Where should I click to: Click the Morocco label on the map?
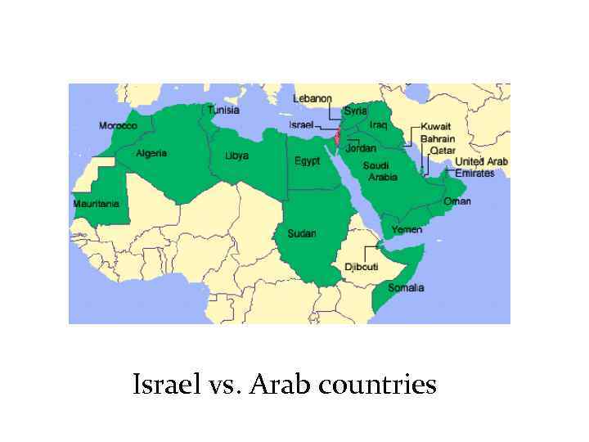[x=118, y=126]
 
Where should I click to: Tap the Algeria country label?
[x=151, y=153]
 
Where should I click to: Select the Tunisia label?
[x=223, y=110]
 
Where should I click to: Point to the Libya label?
[x=236, y=156]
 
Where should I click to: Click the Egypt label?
[x=307, y=160]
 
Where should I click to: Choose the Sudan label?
[x=302, y=234]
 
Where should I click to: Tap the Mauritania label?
[x=96, y=204]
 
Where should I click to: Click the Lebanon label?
[x=312, y=98]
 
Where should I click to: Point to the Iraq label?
[x=378, y=124]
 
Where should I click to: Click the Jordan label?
[x=361, y=148]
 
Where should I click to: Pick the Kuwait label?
[x=436, y=128]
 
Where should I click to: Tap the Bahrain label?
[x=438, y=139]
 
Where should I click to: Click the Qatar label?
[x=443, y=151]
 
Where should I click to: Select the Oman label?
[x=457, y=201]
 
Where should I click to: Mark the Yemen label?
[x=407, y=229]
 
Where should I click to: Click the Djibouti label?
[x=361, y=267]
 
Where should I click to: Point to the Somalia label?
[x=406, y=287]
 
